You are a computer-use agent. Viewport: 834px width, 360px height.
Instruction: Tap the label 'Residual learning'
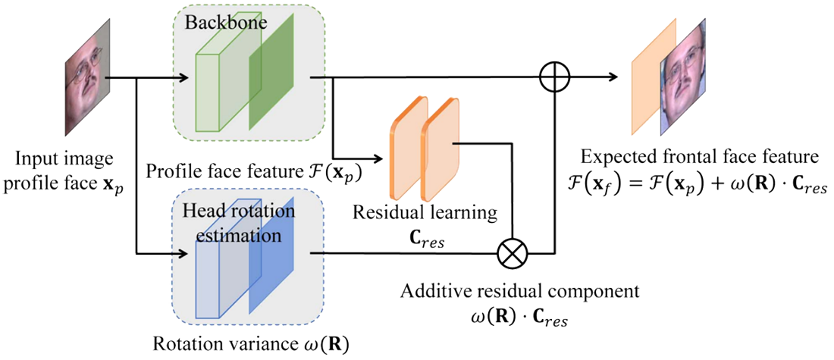click(425, 212)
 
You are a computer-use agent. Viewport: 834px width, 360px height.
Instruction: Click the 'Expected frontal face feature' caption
click(698, 158)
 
